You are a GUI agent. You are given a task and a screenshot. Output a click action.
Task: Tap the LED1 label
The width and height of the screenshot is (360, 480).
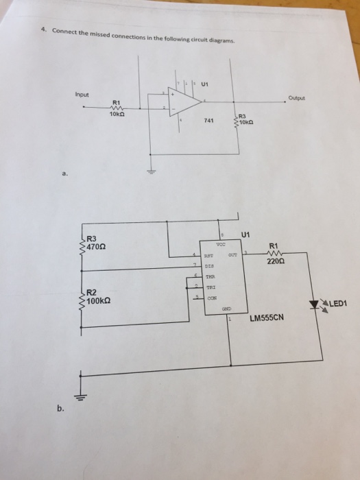pos(339,302)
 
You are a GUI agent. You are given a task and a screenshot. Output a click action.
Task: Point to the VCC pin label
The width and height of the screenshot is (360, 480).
pos(220,245)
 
